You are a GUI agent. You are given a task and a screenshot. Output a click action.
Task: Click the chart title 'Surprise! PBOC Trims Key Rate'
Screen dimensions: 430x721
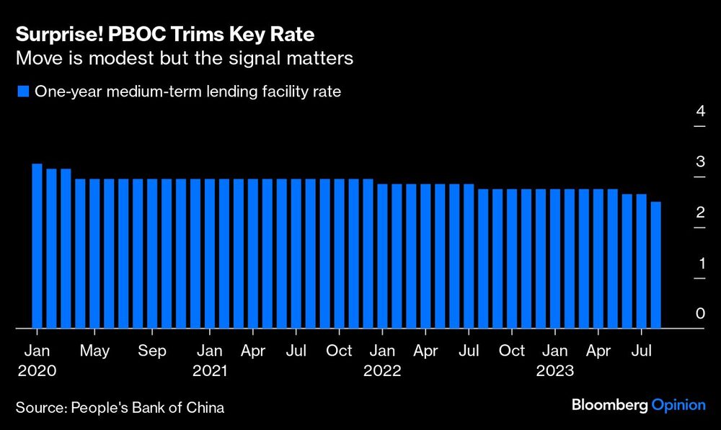tap(164, 35)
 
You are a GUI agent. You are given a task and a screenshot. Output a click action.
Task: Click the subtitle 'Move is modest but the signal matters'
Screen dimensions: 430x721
tap(185, 58)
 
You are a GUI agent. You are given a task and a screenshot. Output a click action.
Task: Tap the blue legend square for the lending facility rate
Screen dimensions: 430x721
tap(22, 91)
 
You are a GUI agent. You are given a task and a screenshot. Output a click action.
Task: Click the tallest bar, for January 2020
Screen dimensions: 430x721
tap(37, 246)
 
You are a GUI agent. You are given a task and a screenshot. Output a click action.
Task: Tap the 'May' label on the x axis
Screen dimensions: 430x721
tap(94, 351)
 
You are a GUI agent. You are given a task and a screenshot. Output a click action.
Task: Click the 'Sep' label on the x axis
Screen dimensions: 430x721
tap(152, 351)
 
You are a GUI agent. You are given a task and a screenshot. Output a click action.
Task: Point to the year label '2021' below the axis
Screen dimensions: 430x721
tap(210, 372)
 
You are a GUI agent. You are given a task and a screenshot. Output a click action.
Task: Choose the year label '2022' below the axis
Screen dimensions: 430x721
tap(382, 372)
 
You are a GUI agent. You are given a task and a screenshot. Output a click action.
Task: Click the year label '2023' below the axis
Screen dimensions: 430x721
tap(555, 372)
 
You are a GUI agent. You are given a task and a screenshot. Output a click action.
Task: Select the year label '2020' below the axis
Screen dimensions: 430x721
tap(37, 372)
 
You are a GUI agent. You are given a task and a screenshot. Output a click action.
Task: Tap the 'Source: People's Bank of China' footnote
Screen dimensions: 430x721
tap(120, 408)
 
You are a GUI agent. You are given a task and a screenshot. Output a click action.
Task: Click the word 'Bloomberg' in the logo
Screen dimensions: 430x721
tap(609, 406)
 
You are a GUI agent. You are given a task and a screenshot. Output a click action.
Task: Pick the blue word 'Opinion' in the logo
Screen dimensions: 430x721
tap(678, 406)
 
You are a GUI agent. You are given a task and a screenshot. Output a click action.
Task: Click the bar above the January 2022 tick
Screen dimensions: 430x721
tap(383, 256)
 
